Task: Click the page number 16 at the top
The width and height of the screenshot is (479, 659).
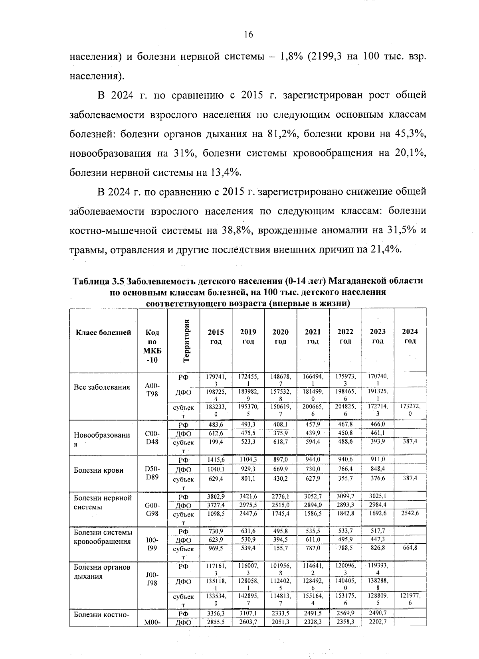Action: click(248, 35)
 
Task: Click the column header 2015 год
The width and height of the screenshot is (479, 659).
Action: click(216, 336)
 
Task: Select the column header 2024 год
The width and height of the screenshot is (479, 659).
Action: click(410, 336)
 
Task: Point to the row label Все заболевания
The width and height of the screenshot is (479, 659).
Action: click(102, 387)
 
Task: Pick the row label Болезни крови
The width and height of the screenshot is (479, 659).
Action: click(99, 470)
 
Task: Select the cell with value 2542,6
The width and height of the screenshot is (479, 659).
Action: click(410, 513)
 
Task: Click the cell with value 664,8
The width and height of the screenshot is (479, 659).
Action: click(410, 548)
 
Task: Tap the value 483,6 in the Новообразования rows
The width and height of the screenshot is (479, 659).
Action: click(216, 425)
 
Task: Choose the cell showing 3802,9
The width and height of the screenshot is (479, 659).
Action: click(216, 497)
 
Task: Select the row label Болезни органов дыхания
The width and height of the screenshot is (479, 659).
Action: click(103, 572)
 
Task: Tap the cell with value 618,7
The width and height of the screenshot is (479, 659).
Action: click(280, 442)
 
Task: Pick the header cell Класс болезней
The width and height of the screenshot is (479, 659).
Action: click(103, 332)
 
